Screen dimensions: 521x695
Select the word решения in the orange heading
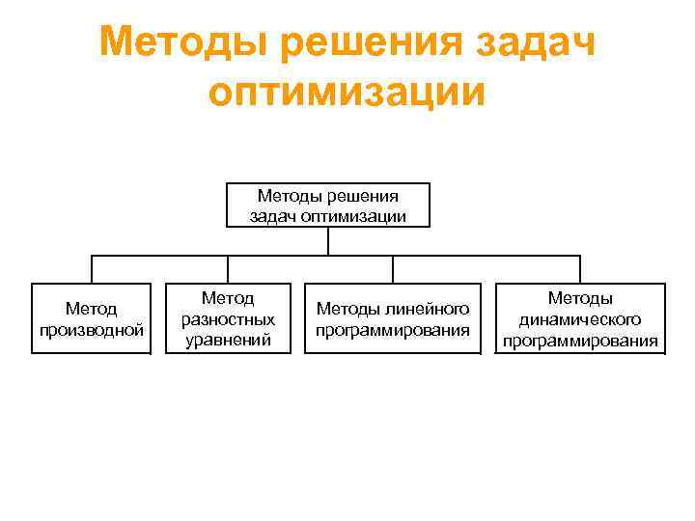(x=338, y=41)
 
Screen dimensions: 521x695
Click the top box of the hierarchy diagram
(x=327, y=205)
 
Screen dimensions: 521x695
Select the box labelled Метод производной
(x=92, y=318)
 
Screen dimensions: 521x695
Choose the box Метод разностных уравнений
(x=228, y=318)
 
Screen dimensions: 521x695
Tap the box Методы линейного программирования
(x=393, y=318)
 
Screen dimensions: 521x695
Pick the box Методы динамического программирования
(x=580, y=318)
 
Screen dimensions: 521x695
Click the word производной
(x=92, y=330)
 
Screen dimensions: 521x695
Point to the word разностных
(x=228, y=318)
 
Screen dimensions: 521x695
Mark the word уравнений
(x=228, y=339)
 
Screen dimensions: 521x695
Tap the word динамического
(x=580, y=318)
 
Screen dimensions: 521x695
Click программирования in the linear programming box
(x=393, y=330)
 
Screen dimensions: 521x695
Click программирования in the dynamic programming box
(x=580, y=340)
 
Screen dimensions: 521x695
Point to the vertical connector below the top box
(x=328, y=241)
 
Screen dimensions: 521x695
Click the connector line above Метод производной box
(x=92, y=269)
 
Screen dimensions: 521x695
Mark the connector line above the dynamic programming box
(x=580, y=269)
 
